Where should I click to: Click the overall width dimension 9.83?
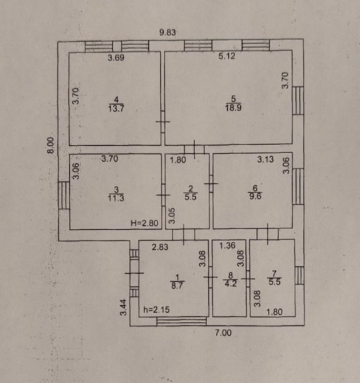(168, 32)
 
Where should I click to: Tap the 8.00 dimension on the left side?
(50, 145)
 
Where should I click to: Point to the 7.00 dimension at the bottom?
(223, 333)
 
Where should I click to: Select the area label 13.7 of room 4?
(116, 108)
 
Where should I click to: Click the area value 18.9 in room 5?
(234, 107)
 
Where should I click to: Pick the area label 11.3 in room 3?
(116, 198)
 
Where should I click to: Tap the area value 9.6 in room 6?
(255, 196)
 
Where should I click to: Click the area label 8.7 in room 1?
(177, 286)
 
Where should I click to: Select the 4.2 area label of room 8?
(231, 284)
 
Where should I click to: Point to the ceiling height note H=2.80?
(145, 223)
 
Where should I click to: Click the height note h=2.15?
(156, 310)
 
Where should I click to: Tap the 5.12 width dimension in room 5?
(227, 56)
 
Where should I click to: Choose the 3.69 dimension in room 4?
(116, 58)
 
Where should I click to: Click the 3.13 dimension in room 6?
(266, 159)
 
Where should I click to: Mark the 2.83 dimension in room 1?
(160, 247)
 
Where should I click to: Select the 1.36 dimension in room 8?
(227, 245)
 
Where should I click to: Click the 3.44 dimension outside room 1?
(124, 308)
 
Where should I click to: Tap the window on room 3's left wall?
(64, 195)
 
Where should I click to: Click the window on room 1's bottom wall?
(181, 321)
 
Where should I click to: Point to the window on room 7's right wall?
(299, 276)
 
